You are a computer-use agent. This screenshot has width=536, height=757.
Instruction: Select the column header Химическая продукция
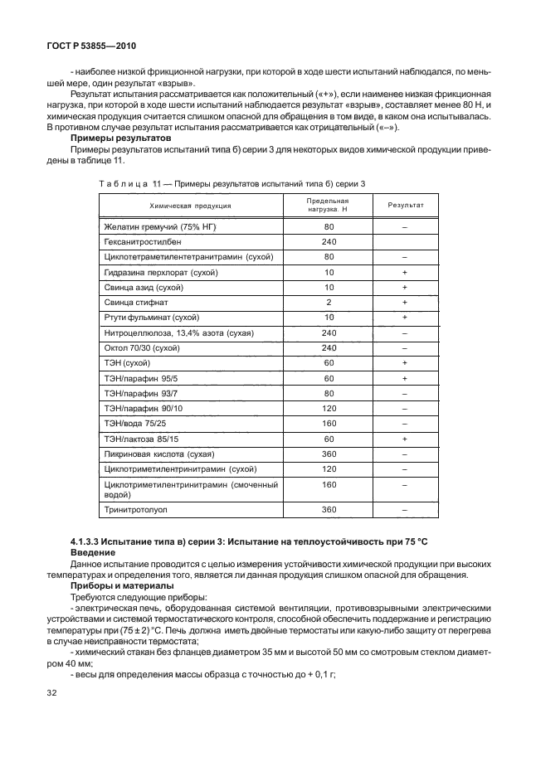(190, 206)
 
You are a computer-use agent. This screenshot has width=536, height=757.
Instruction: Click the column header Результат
(405, 206)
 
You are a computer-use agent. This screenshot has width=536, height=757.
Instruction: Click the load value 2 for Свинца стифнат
(329, 302)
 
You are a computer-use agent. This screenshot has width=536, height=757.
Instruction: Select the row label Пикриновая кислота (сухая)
(159, 454)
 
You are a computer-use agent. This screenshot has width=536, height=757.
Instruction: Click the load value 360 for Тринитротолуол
(329, 509)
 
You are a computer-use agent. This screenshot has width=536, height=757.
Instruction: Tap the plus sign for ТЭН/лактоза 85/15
(405, 439)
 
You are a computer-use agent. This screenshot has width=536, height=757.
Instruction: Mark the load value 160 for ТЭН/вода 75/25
(329, 424)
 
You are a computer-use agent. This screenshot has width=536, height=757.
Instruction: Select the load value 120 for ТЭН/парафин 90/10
(329, 409)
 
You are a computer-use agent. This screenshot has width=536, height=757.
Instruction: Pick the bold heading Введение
(95, 553)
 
